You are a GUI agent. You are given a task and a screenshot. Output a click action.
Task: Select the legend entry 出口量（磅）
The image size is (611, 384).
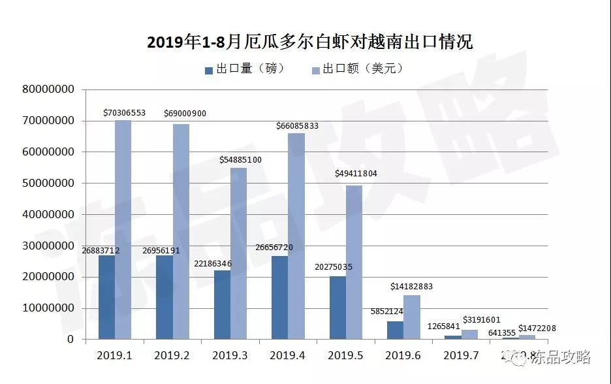click(x=243, y=69)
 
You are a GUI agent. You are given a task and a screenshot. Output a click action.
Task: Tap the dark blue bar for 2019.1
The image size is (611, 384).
click(x=106, y=297)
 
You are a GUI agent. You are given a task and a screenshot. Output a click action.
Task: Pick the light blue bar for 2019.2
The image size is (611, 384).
click(x=181, y=232)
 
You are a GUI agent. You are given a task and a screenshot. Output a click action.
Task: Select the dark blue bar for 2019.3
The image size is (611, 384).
click(x=222, y=304)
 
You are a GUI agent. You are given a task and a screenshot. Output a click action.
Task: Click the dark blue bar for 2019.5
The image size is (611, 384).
click(x=337, y=307)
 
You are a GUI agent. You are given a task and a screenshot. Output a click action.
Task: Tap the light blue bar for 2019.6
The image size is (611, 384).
click(x=411, y=317)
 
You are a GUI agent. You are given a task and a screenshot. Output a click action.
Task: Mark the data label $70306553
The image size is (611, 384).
click(x=124, y=113)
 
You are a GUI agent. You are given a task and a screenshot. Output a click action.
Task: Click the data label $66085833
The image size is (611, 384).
click(x=297, y=125)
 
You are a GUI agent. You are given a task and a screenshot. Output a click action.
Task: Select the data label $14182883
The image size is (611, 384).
click(x=411, y=287)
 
